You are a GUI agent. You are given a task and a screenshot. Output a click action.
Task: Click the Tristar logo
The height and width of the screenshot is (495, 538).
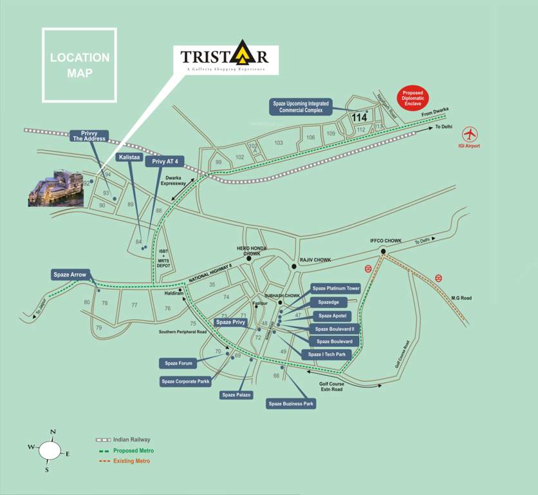click(x=224, y=60)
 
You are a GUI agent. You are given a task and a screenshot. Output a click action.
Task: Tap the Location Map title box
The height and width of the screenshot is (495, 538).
click(x=80, y=65)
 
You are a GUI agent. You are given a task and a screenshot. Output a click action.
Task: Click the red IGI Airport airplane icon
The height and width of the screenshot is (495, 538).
click(x=470, y=134)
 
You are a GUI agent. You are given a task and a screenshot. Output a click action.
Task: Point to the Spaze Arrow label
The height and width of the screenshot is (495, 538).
click(x=70, y=275)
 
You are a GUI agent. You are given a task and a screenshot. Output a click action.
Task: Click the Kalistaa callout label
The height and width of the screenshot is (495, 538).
click(x=129, y=157)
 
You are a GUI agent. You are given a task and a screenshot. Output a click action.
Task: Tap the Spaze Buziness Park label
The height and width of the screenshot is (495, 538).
click(x=291, y=404)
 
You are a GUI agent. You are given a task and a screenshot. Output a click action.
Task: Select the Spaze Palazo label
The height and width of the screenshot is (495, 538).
click(x=237, y=394)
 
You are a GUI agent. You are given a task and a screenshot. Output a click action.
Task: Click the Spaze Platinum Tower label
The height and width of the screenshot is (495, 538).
click(x=335, y=288)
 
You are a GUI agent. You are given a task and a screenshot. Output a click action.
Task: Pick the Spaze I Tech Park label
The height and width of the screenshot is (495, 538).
click(x=326, y=354)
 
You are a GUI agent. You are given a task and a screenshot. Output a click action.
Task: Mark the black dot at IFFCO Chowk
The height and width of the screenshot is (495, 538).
click(x=383, y=251)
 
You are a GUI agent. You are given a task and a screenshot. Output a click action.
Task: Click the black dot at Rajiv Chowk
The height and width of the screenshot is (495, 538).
click(x=293, y=266)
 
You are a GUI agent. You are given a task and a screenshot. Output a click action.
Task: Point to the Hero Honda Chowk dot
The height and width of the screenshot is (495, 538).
click(x=248, y=259)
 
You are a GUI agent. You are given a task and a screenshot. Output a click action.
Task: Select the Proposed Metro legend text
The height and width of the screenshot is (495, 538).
click(x=133, y=451)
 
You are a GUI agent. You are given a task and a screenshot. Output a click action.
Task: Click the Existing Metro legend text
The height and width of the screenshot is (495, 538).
click(x=132, y=461)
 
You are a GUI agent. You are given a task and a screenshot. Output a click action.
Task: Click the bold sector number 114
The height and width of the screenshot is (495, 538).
click(x=360, y=118)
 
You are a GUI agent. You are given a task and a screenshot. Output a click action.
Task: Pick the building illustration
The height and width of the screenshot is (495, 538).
click(x=55, y=189)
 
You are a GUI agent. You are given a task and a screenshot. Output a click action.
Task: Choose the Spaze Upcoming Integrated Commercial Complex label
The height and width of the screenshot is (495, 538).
click(x=301, y=107)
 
